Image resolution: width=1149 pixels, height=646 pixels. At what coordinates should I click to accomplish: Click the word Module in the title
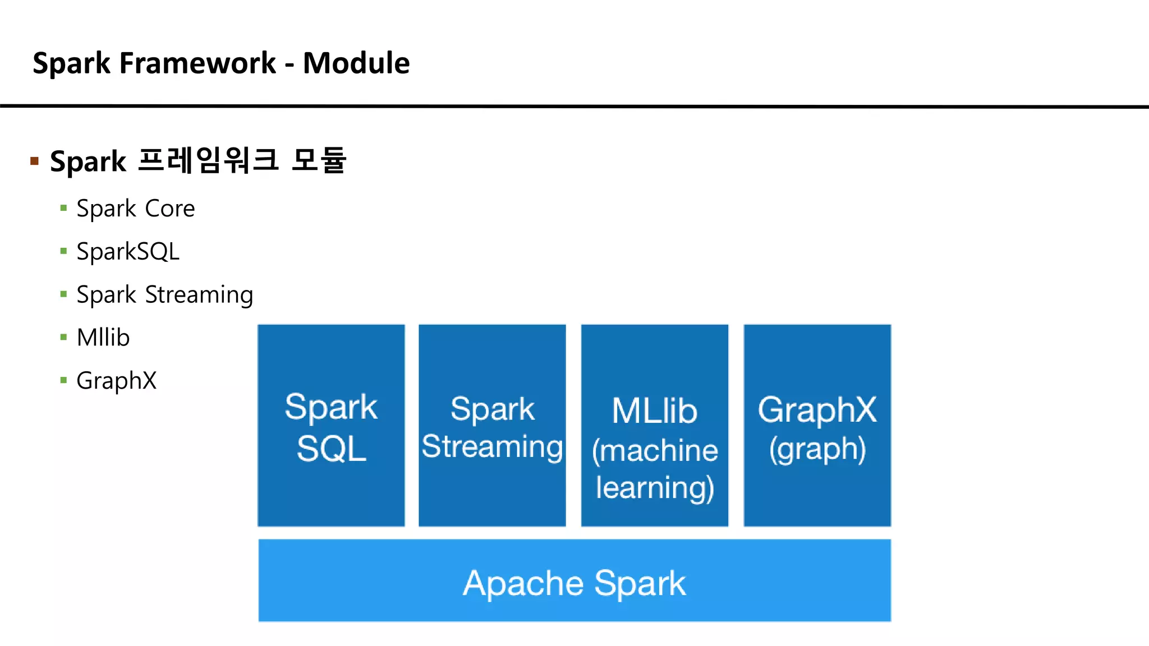[356, 63]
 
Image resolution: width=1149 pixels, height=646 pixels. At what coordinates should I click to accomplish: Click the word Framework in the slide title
[197, 63]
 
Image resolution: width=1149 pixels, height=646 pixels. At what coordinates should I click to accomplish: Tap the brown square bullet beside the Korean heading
[34, 161]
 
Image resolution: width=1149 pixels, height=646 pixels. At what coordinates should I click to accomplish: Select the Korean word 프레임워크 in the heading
[208, 160]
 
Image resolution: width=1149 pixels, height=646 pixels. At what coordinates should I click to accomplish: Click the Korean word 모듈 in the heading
[319, 160]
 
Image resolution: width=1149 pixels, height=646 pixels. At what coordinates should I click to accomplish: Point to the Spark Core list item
[136, 209]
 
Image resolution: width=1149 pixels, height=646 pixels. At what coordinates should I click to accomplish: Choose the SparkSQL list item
[128, 252]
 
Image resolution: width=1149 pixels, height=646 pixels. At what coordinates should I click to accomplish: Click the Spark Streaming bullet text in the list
[165, 295]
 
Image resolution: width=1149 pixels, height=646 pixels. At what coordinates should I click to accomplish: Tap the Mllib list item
[103, 338]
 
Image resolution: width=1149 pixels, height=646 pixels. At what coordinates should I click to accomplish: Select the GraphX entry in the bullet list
[117, 381]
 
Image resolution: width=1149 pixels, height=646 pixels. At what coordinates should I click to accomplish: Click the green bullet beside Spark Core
[63, 209]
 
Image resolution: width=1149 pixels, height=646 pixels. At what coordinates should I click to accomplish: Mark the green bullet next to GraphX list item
[63, 381]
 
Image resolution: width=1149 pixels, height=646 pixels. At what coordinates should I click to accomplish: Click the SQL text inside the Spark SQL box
[331, 449]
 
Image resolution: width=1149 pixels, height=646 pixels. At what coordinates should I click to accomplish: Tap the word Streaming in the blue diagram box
[492, 447]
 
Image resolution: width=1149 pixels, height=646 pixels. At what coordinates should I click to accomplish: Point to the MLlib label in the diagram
[654, 411]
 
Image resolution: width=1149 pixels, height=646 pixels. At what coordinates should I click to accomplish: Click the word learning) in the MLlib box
[654, 487]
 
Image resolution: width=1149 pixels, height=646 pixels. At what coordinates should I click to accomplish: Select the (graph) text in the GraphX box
[817, 449]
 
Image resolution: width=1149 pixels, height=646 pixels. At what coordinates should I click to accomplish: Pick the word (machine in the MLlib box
[654, 450]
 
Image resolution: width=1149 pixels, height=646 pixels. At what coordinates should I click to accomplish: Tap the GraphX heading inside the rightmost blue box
[817, 409]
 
